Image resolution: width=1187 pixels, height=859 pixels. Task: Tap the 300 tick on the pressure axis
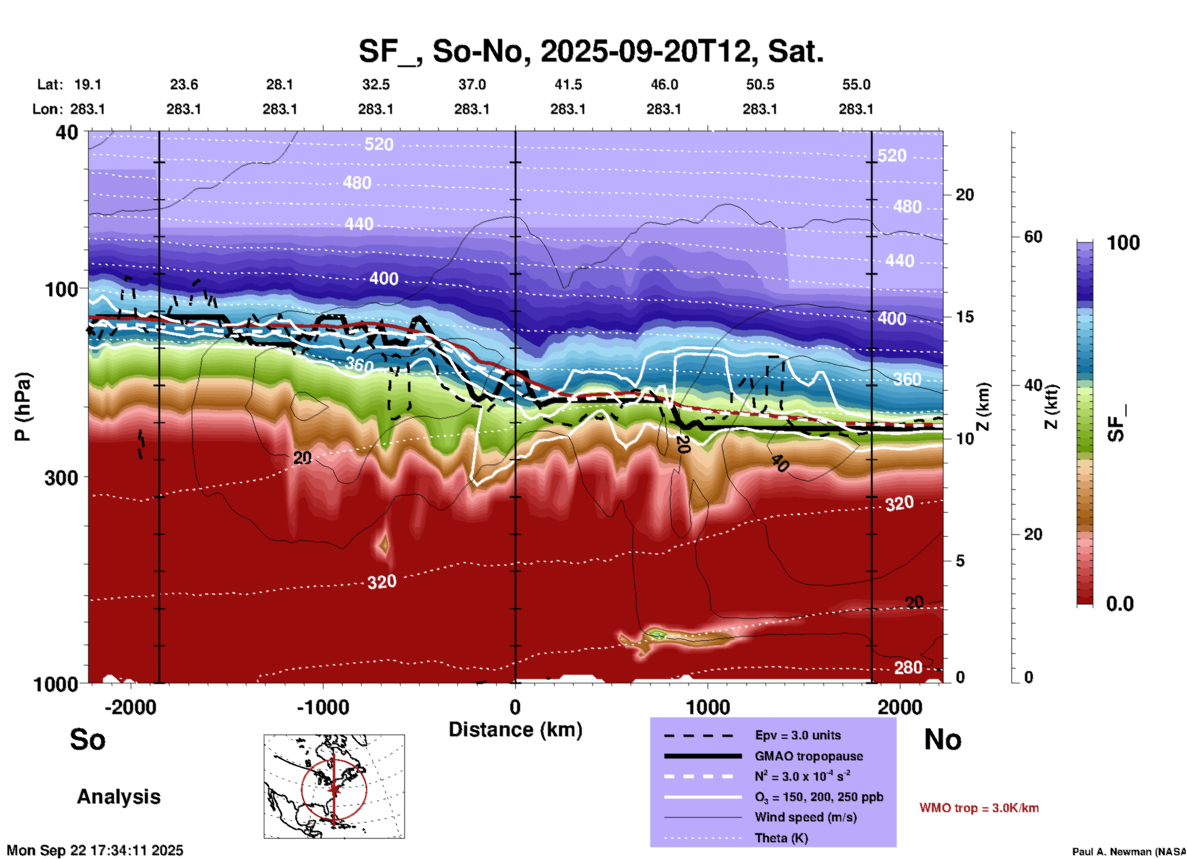tap(62, 478)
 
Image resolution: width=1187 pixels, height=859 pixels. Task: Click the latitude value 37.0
tap(471, 84)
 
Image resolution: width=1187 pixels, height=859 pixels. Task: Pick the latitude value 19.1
tap(87, 84)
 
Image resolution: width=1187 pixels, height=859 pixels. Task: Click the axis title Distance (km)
tap(515, 730)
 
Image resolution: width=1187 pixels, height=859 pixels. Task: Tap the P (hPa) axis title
tap(23, 407)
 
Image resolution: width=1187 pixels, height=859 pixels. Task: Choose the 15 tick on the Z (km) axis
tap(965, 317)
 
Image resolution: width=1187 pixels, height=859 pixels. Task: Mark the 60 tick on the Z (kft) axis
tap(1033, 237)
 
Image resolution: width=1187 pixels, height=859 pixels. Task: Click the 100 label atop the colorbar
tap(1123, 243)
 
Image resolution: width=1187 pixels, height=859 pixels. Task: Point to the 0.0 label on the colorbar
tap(1119, 604)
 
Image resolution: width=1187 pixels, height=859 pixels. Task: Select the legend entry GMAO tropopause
tap(809, 756)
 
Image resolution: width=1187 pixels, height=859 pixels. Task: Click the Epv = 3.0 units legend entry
tap(797, 735)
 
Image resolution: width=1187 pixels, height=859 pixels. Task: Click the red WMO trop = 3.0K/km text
tap(979, 808)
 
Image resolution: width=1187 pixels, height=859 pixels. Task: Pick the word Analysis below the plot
tap(118, 797)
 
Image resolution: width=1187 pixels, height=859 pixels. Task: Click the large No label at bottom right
tap(942, 739)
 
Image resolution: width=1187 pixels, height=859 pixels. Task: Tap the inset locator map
tap(334, 786)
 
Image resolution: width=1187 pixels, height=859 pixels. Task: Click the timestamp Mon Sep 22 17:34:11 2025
tap(95, 850)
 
